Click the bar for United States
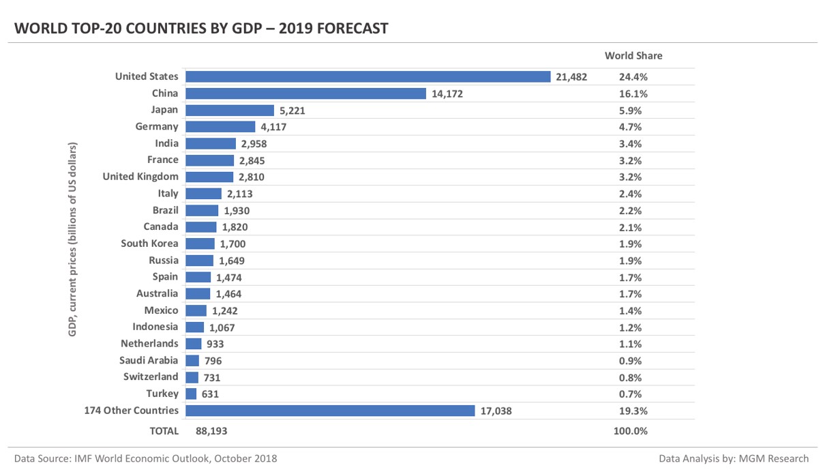(368, 76)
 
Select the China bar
(305, 93)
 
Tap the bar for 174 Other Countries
(330, 411)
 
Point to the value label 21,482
(571, 77)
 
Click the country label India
(166, 143)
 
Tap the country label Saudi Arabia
(149, 360)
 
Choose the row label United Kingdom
(140, 177)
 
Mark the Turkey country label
(162, 394)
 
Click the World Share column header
(633, 56)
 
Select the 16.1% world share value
(633, 93)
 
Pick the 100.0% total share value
(631, 431)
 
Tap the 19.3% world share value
(633, 411)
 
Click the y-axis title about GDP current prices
(72, 239)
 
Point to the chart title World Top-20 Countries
(201, 29)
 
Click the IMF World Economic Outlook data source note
(146, 458)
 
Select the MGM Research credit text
(734, 458)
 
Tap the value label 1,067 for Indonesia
(222, 327)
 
